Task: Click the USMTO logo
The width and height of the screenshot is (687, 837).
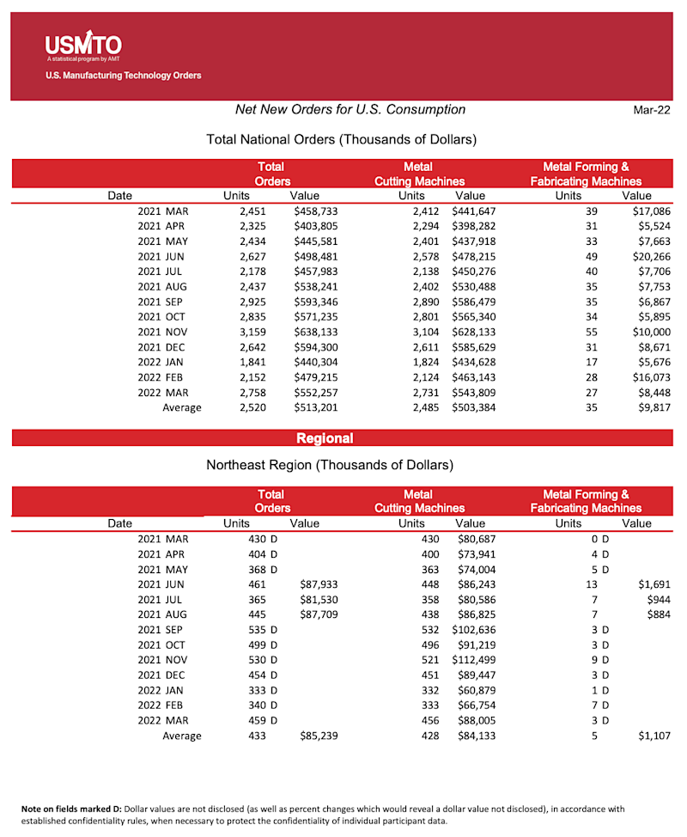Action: pos(83,45)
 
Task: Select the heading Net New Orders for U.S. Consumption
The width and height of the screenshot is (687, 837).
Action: pos(350,110)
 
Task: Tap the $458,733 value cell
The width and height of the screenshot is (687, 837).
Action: pos(315,211)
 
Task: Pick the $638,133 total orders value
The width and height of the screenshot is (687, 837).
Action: pos(315,332)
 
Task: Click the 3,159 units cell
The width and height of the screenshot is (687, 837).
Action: pos(254,332)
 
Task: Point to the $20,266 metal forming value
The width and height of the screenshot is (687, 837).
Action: pos(649,256)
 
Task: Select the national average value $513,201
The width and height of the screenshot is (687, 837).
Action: pos(315,407)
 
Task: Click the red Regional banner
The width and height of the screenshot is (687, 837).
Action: pos(324,438)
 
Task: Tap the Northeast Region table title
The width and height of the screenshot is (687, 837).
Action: pos(330,466)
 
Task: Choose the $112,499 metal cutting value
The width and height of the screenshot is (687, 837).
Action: pos(473,660)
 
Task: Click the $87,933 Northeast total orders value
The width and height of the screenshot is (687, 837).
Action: pos(318,584)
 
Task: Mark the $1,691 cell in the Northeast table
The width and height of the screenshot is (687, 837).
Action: pos(653,584)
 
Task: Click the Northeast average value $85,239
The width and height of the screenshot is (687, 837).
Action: pos(318,736)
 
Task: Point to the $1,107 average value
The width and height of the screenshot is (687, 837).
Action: pos(653,736)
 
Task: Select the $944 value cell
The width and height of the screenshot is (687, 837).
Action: pos(658,599)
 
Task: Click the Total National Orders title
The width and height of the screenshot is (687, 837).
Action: pos(342,139)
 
